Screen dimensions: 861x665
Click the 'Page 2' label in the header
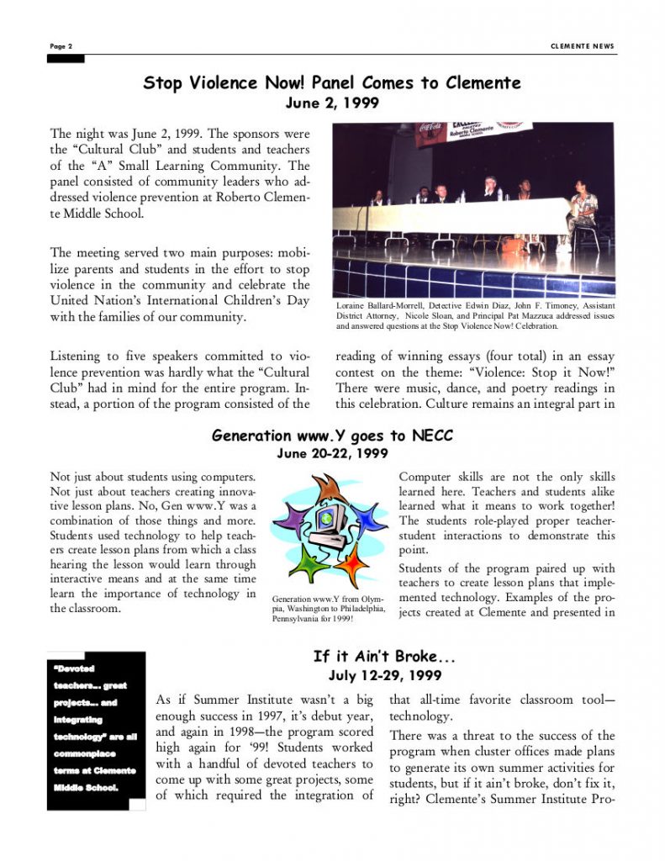[61, 46]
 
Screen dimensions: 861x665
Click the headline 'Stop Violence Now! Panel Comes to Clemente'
[332, 82]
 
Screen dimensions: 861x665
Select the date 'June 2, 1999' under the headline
[332, 103]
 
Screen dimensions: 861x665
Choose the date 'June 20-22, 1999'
[332, 453]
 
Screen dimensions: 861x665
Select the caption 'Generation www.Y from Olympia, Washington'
[328, 610]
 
